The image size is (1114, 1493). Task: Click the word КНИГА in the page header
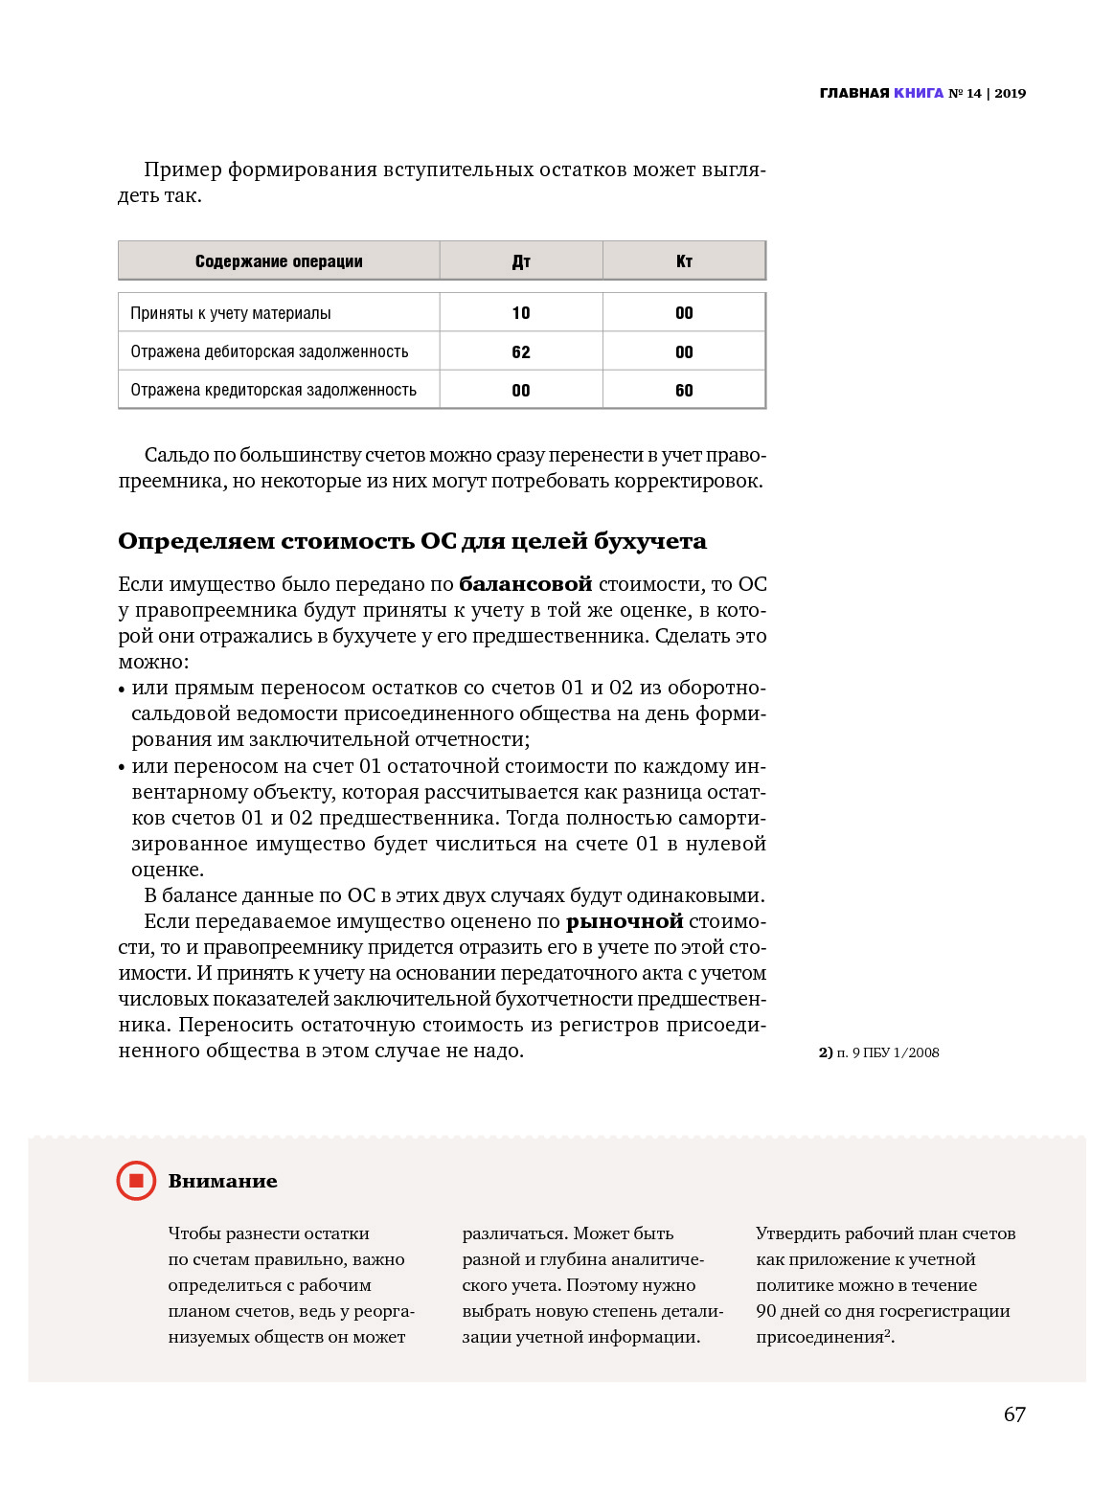point(919,93)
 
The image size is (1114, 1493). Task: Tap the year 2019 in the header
point(1010,93)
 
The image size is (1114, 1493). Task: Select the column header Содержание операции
point(279,261)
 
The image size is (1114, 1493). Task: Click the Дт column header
point(521,261)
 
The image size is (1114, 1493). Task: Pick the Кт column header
point(684,261)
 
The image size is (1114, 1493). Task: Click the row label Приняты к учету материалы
point(231,313)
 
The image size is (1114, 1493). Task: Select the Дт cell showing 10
point(521,313)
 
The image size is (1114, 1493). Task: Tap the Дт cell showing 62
point(521,352)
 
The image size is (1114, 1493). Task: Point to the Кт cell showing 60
point(684,391)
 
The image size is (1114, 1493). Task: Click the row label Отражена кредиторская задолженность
point(273,391)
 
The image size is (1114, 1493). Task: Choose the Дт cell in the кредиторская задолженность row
point(521,391)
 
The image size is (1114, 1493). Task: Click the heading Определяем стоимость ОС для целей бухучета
point(412,541)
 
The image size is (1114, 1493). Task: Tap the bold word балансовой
point(526,584)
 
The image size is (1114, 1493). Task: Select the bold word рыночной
point(625,921)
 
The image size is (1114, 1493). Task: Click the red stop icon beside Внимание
point(136,1181)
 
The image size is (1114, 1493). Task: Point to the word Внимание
point(222,1182)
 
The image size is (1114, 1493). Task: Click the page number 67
point(1014,1414)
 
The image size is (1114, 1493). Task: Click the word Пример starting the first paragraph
point(183,170)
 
